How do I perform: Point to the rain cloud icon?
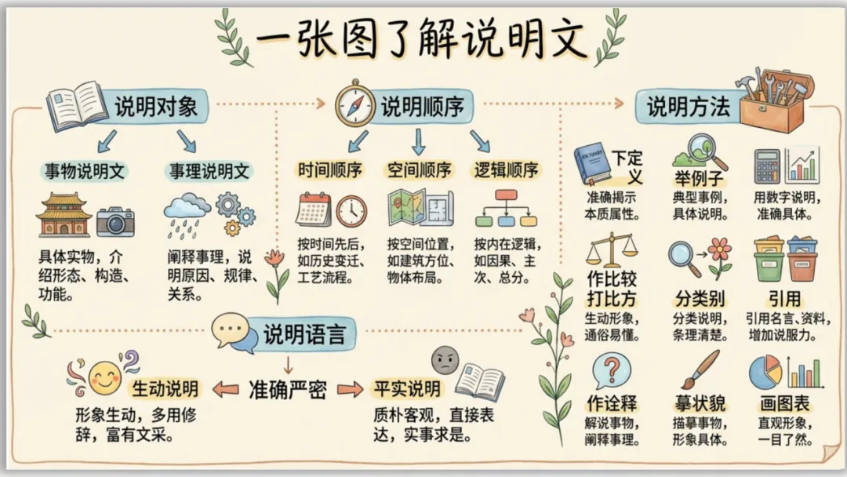coord(187,210)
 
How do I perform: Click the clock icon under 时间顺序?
coord(351,211)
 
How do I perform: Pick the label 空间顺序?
coord(419,170)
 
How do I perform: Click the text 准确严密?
coord(287,389)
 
